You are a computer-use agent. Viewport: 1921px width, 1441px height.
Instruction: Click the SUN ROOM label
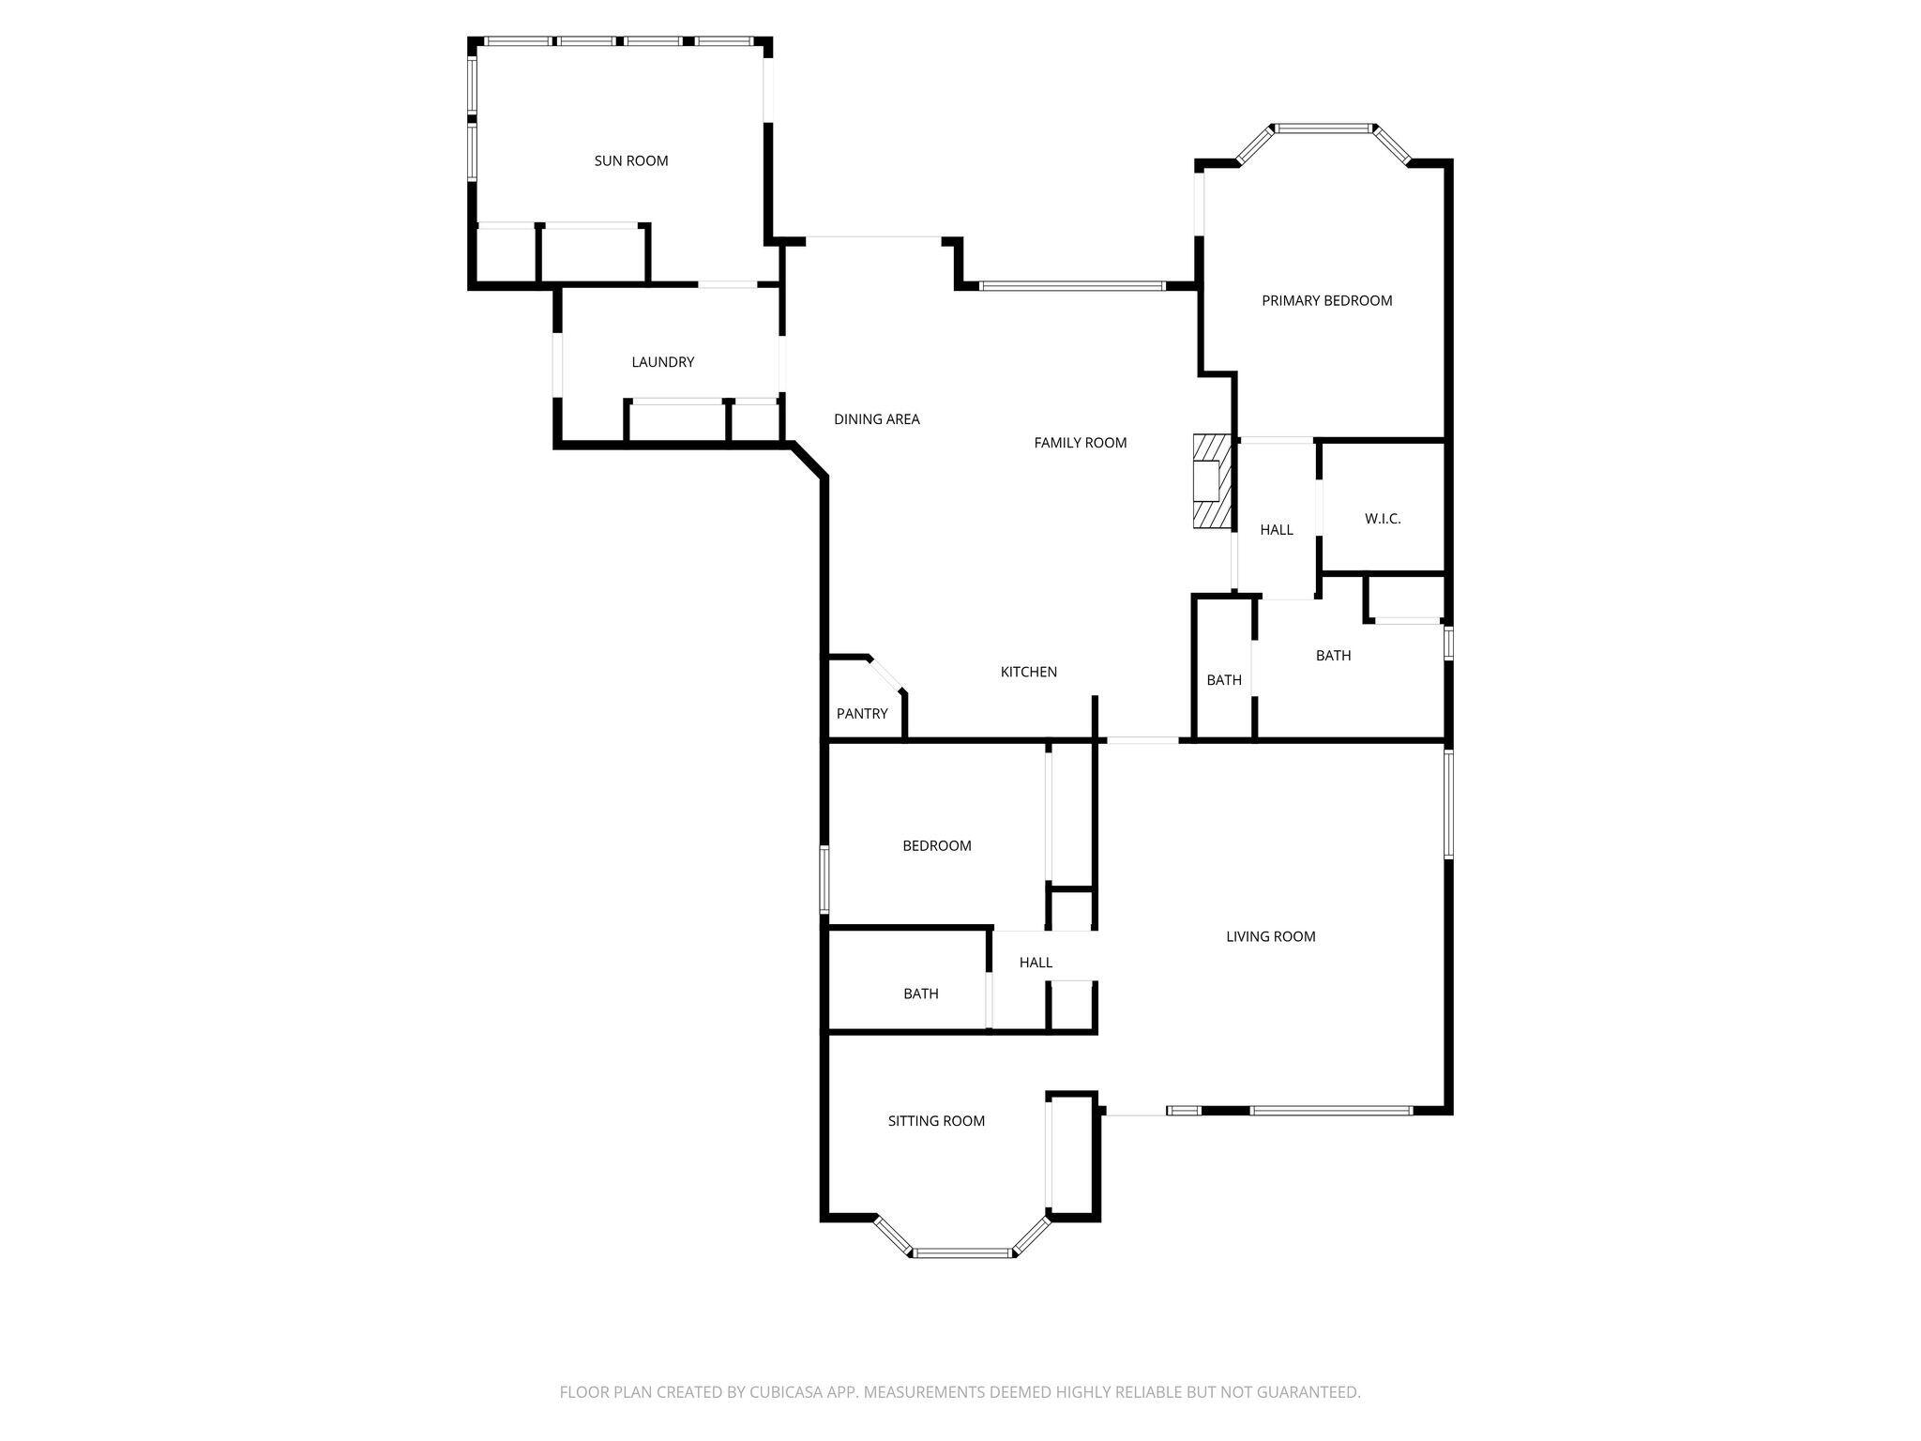pos(631,161)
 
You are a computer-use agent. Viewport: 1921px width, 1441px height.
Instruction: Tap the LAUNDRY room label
pos(662,362)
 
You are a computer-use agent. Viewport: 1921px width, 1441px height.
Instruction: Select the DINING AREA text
pos(876,419)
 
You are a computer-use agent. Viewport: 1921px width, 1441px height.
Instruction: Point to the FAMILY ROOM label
pos(1080,443)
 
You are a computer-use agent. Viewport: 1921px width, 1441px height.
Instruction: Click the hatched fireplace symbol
pos(1210,481)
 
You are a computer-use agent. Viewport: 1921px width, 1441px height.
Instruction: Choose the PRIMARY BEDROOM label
pos(1326,301)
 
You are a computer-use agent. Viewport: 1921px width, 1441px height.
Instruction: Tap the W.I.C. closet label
pos(1382,519)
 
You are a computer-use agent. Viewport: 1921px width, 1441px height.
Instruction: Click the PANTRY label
pos(861,714)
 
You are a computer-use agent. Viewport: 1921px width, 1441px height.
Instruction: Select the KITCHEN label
pos(1028,672)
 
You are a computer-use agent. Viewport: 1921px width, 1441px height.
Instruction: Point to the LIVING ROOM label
pos(1270,936)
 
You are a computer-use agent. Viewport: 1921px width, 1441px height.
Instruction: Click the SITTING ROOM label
pos(936,1121)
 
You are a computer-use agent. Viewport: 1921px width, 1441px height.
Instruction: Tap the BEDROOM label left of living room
pos(936,846)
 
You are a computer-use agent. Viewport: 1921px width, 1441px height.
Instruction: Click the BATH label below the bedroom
pos(920,994)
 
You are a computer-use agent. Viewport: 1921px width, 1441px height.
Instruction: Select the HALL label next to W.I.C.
pos(1276,530)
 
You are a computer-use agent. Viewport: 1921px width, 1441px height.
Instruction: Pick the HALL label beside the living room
pos(1036,963)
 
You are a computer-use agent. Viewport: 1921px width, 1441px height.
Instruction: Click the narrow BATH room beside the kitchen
pos(1223,680)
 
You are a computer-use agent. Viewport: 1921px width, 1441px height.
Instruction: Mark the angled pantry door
pos(885,675)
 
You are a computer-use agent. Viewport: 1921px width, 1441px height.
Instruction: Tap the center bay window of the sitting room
pos(962,1252)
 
